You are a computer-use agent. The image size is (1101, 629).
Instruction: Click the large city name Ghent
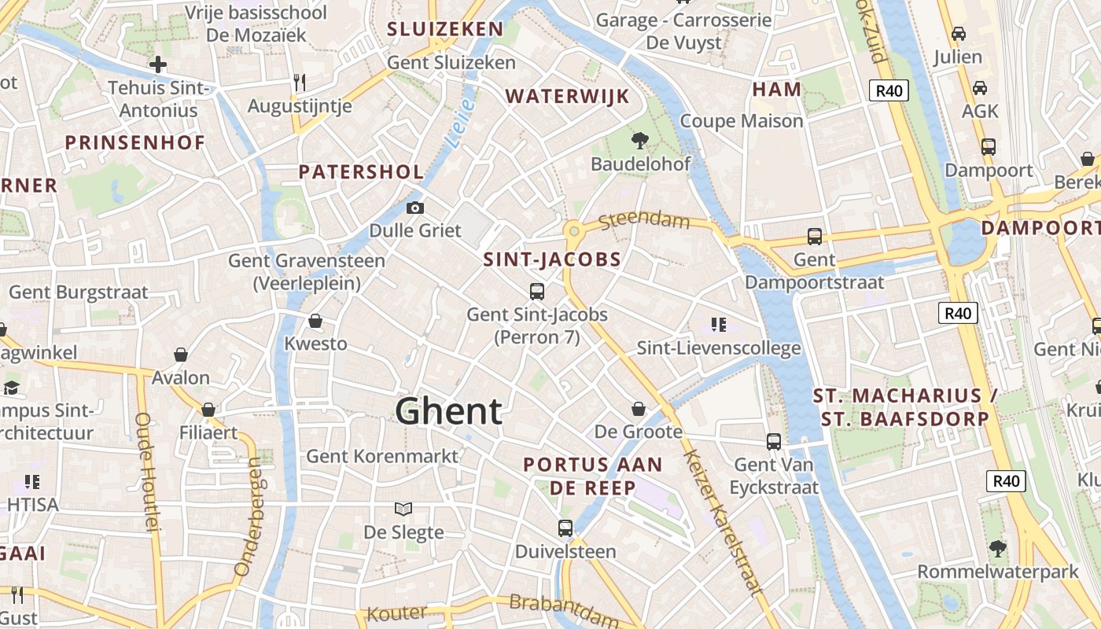click(x=448, y=411)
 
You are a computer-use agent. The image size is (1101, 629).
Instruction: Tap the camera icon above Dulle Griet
click(x=414, y=208)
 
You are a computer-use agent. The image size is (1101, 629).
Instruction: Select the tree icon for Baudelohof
click(x=640, y=141)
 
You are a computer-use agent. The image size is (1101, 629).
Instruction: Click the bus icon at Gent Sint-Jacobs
click(x=537, y=292)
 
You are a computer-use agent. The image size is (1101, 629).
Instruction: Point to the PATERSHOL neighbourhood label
click(x=362, y=172)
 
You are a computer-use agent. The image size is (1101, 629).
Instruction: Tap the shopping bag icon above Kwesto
click(x=315, y=321)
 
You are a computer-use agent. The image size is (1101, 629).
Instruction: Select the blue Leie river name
click(x=458, y=123)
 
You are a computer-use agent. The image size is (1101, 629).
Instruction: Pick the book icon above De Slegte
click(x=403, y=509)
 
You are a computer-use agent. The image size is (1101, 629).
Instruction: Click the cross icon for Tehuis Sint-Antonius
click(x=158, y=64)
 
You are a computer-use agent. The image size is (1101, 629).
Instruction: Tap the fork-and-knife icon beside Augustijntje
click(x=299, y=82)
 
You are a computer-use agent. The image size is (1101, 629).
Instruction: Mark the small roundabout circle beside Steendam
click(x=574, y=230)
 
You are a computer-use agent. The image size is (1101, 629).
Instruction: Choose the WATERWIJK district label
click(x=567, y=97)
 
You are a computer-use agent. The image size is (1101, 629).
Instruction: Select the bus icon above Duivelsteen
click(x=565, y=528)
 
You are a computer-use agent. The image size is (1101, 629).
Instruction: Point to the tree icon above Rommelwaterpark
click(x=998, y=548)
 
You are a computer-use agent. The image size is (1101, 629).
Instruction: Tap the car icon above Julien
click(x=958, y=34)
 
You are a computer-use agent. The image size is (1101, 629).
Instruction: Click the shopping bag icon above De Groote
click(x=638, y=409)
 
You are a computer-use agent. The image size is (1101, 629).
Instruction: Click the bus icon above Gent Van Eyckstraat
click(x=774, y=442)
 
